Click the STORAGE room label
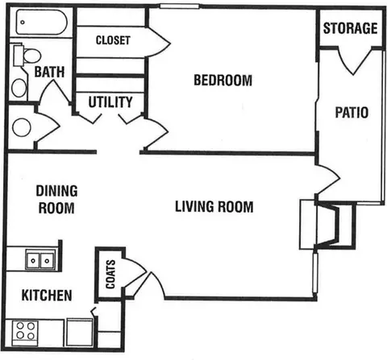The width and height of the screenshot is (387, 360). tap(350, 28)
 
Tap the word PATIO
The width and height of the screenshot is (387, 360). tap(352, 112)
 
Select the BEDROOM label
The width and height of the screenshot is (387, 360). tap(223, 80)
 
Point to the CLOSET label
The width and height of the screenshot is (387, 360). tap(113, 40)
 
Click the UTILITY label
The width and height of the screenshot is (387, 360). tap(110, 102)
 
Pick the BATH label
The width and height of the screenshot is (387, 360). tap(49, 72)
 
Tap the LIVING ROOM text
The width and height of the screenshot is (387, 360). tap(214, 207)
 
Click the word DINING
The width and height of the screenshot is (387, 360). tap(56, 191)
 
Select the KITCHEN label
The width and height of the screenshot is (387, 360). tap(47, 296)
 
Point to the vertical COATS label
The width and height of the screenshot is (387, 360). tap(110, 274)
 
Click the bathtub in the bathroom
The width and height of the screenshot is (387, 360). tap(42, 22)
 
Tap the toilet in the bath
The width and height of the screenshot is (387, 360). tap(27, 56)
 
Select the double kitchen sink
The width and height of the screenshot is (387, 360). tap(40, 259)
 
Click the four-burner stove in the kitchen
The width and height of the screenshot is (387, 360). tap(25, 330)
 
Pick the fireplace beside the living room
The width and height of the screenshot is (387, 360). tap(328, 225)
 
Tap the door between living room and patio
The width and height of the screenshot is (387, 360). tap(328, 178)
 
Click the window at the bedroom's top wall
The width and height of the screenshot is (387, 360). tap(179, 6)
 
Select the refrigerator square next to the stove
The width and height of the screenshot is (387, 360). tap(80, 333)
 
